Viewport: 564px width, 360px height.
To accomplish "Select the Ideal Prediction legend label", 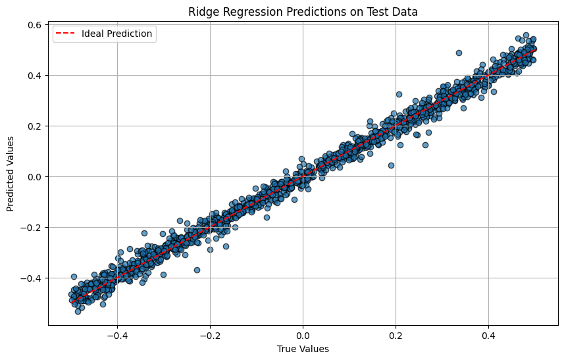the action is click(117, 34).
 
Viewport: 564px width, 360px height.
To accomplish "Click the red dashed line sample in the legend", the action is click(65, 34).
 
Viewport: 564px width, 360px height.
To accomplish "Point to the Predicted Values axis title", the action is click(10, 174).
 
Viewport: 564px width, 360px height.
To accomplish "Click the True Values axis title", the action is click(303, 349).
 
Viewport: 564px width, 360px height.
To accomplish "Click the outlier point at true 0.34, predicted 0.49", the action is click(459, 53).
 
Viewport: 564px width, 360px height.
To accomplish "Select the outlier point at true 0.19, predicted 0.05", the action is click(392, 165).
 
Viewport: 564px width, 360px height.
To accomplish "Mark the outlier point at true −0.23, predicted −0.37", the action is click(197, 270).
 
